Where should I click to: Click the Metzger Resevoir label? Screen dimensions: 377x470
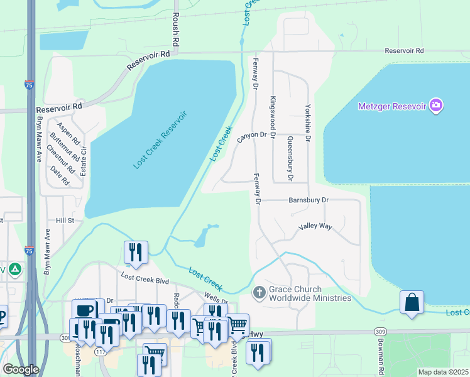coord(391,106)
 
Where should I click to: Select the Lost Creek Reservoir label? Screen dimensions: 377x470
coord(160,139)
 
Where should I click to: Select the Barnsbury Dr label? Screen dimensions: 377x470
coord(309,200)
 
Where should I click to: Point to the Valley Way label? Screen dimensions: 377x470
coord(315,226)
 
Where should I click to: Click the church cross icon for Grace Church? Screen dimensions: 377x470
coord(259,293)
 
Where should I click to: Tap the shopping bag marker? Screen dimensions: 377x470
coord(412,302)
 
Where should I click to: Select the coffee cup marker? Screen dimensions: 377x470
coord(84,310)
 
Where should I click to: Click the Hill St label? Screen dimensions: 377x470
coord(65,221)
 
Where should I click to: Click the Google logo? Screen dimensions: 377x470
coord(21,369)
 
